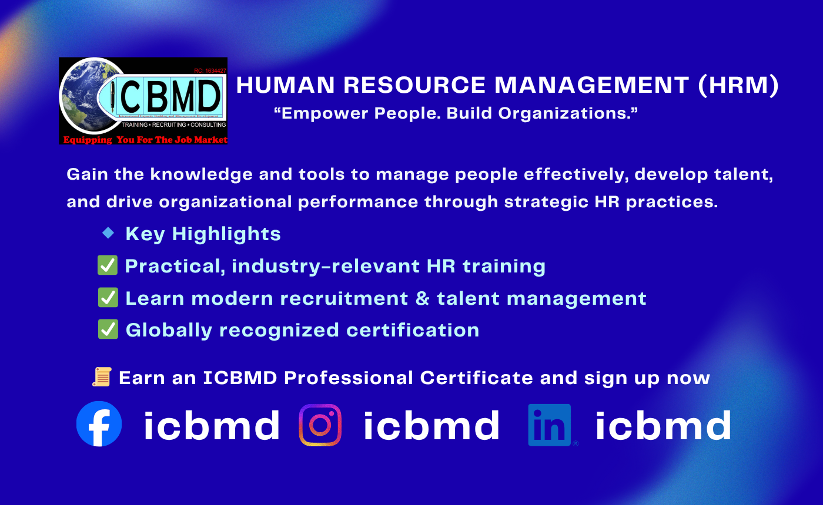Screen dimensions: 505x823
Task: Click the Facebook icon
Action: point(99,424)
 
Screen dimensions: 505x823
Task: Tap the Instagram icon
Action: point(320,425)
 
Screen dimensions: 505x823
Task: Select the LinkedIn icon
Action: point(550,425)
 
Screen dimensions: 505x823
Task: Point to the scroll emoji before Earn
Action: point(102,377)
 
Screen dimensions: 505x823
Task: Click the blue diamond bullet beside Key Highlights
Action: point(108,233)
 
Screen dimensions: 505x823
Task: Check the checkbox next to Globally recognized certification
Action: point(108,329)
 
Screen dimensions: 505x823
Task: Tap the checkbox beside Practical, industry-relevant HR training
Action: point(108,265)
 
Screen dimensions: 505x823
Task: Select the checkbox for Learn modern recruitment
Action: point(108,298)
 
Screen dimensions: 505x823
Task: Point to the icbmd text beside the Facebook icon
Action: point(212,425)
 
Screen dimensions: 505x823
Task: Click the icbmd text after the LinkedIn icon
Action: point(664,425)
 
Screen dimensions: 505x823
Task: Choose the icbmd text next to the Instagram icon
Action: point(431,425)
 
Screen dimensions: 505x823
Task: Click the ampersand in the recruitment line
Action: point(422,298)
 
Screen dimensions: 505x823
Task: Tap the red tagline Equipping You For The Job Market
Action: point(145,140)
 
